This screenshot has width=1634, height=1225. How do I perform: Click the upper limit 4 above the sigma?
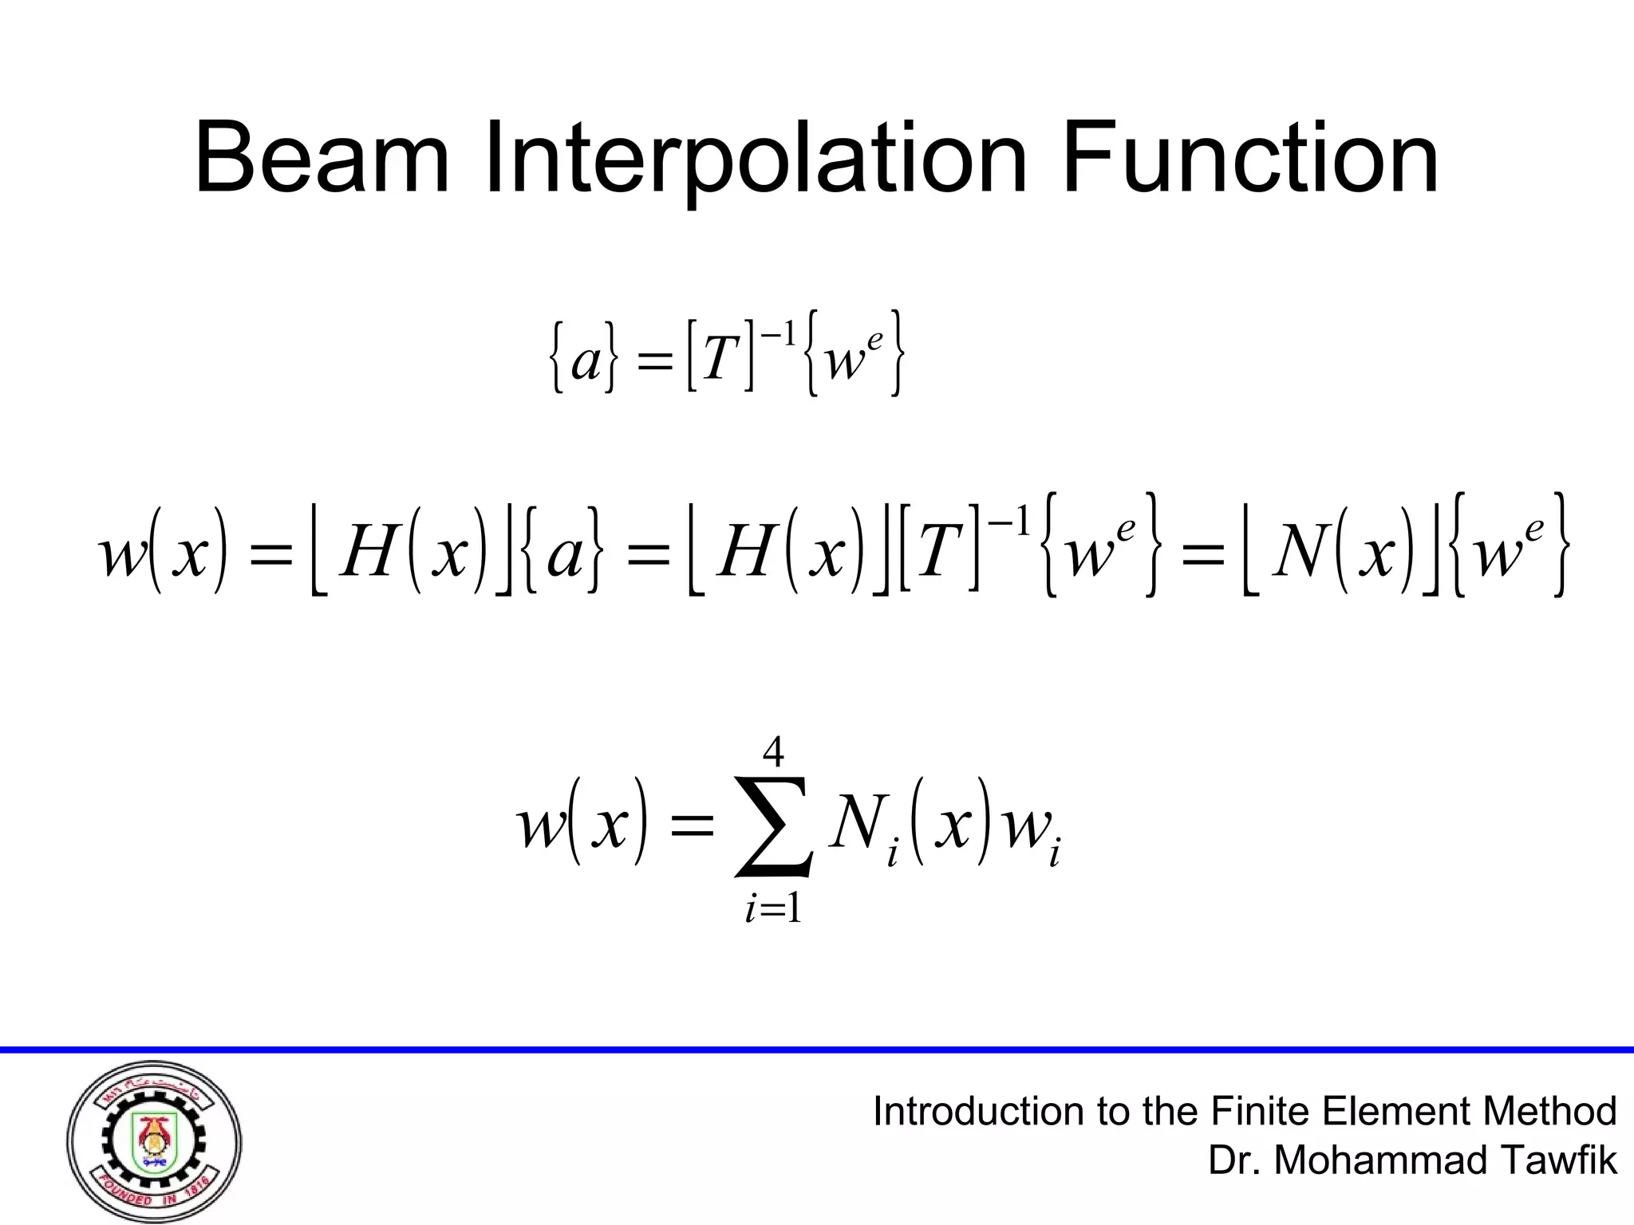[x=773, y=751]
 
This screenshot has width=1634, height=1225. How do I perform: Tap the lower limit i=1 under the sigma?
[x=773, y=908]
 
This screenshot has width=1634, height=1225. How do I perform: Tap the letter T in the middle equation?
[x=939, y=548]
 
